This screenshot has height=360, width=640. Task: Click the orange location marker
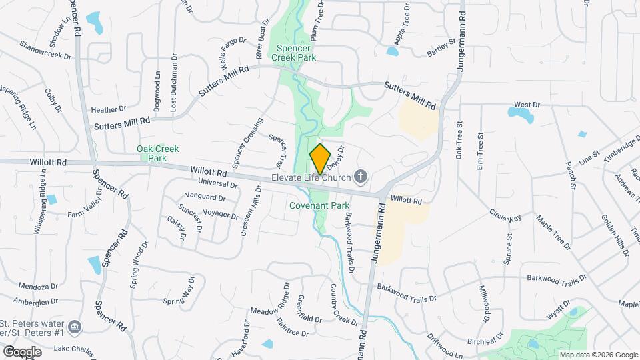pos(320,159)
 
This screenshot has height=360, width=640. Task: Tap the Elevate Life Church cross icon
pos(361,177)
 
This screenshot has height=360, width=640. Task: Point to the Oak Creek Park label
pos(151,153)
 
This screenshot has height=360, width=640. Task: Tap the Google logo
pos(22,351)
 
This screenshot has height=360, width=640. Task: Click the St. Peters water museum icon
pos(75,327)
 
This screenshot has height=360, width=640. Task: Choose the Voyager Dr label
pos(220,215)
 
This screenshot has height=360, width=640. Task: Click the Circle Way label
pos(505,218)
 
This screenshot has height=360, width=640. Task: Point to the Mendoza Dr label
pos(39,287)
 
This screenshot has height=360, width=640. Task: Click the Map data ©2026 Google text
pos(597,355)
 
